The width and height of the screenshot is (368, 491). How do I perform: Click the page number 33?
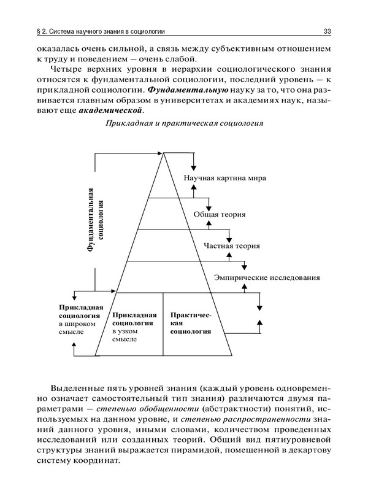[327, 31]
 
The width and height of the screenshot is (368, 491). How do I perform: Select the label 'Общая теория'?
[220, 215]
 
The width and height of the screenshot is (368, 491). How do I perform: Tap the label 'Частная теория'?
[231, 245]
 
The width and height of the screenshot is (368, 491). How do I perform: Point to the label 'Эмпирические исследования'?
[266, 277]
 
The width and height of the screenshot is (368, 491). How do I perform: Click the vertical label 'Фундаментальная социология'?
[96, 219]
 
